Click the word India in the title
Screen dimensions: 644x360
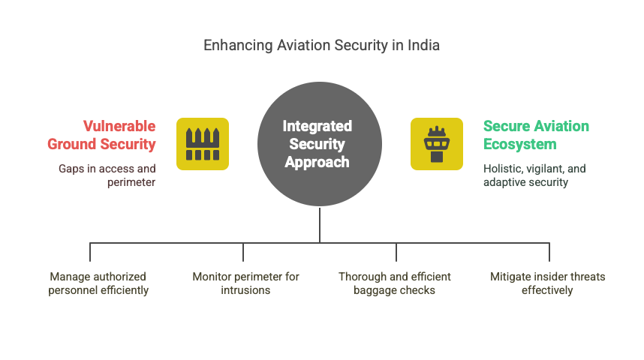[x=423, y=45]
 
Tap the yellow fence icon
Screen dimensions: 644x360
[x=203, y=144]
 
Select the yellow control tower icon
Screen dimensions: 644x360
[x=437, y=144]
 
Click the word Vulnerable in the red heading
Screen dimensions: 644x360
[x=119, y=126]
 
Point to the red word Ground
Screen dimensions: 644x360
[x=72, y=144]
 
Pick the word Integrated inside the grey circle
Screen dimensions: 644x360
[x=317, y=126]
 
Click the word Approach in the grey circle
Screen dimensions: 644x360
[x=317, y=162]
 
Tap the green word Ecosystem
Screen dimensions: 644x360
[x=520, y=144]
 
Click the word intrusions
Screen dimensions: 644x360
[x=245, y=290]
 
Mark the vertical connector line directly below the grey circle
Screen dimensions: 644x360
[x=320, y=224]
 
